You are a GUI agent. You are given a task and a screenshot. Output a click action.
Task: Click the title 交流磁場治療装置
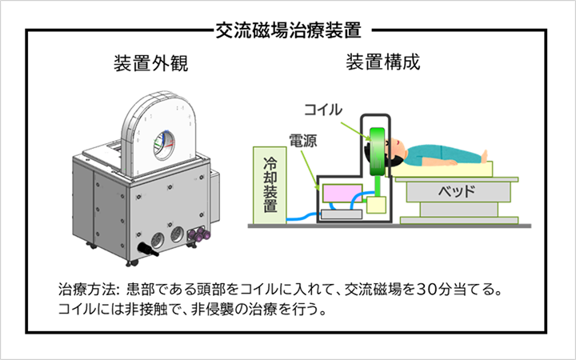288,30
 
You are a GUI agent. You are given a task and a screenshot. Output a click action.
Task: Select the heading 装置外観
152,64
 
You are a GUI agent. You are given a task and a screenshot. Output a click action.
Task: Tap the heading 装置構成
382,64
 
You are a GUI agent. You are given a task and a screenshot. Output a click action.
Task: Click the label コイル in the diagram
323,106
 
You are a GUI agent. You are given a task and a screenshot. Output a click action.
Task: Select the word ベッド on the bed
457,192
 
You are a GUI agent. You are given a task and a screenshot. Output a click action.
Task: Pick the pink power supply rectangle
343,193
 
